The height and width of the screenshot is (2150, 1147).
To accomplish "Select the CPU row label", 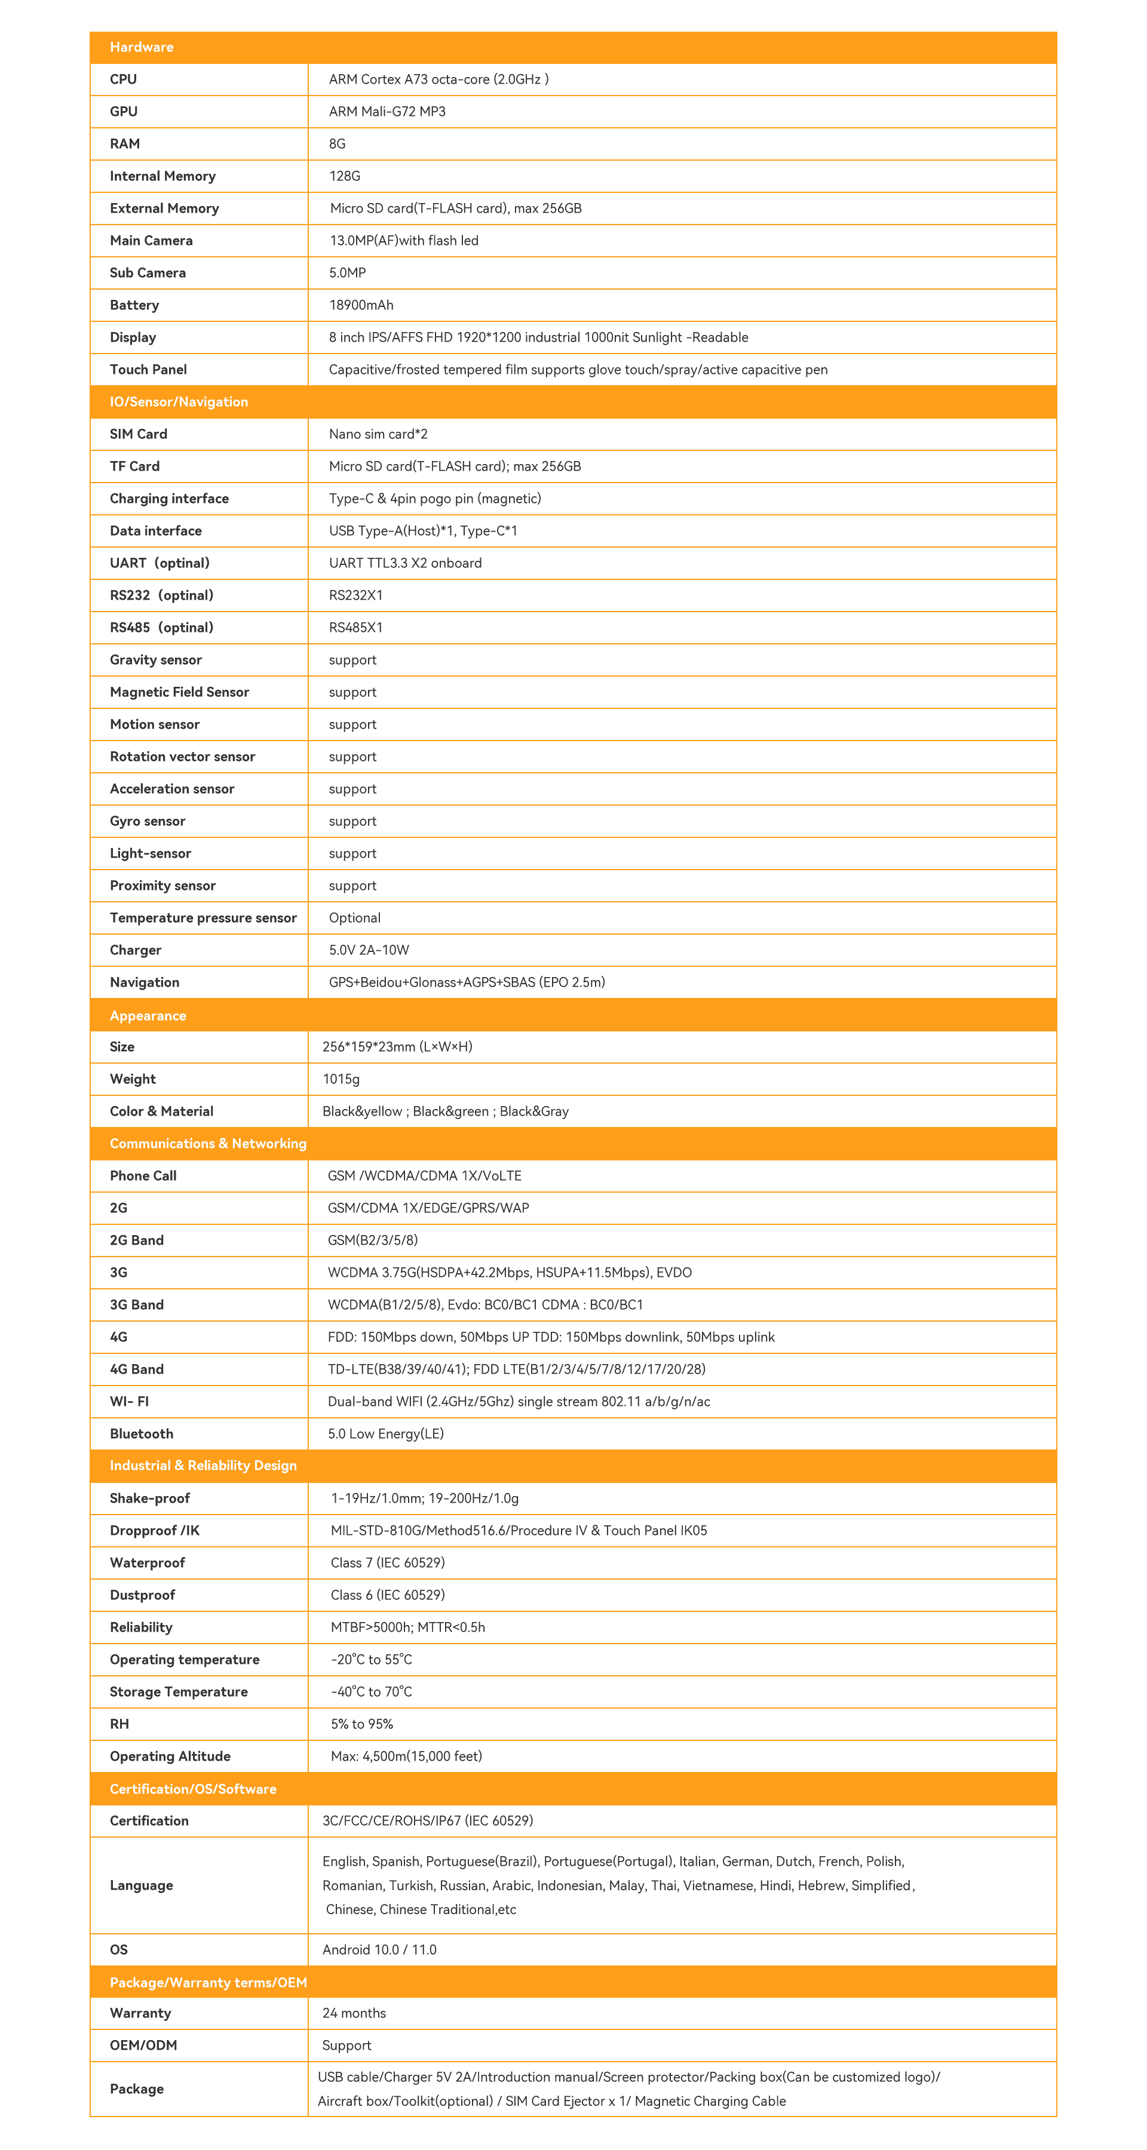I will [x=124, y=79].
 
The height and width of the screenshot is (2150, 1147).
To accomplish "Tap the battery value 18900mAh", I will [x=361, y=305].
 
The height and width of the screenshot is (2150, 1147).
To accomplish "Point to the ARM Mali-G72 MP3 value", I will [x=387, y=112].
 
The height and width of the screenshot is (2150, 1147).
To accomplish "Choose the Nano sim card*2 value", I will [x=378, y=434].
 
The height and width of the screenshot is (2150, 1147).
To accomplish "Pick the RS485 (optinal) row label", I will [x=161, y=628].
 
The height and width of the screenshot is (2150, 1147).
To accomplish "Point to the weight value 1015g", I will [x=341, y=1079].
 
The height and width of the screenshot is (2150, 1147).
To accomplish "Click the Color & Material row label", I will [x=161, y=1111].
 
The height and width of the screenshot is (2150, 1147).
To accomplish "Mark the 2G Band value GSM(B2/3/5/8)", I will [x=372, y=1240].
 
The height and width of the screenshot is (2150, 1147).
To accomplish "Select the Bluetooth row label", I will [x=141, y=1434].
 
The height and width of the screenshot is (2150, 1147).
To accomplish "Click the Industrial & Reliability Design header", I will [x=203, y=1466].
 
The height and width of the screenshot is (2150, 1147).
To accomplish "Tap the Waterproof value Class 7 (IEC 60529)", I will [x=387, y=1562].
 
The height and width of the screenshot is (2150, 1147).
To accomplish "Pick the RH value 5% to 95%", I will [x=361, y=1724].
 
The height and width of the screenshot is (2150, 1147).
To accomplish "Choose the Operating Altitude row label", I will [x=170, y=1756].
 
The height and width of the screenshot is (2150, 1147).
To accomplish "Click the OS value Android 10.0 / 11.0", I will [x=379, y=1950].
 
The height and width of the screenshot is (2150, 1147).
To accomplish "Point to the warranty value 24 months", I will [x=354, y=2013].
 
